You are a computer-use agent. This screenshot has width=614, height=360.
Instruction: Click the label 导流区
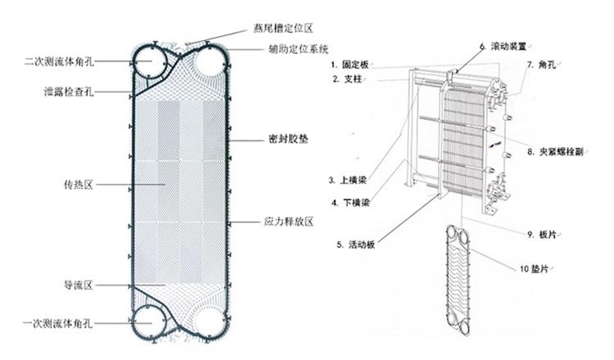pyautogui.click(x=79, y=285)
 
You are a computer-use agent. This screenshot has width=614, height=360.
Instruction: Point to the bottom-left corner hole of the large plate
pyautogui.click(x=151, y=324)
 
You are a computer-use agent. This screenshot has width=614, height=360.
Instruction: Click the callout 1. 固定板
pyautogui.click(x=348, y=64)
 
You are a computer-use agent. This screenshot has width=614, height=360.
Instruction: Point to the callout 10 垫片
pyautogui.click(x=536, y=269)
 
